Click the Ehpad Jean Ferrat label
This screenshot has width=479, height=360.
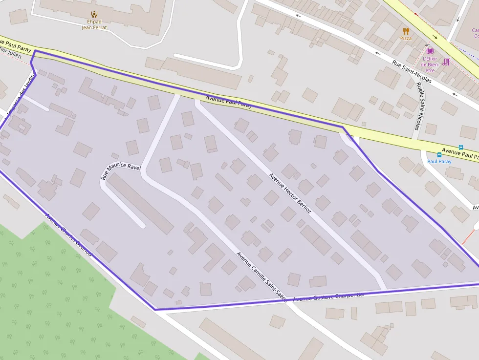pyautogui.click(x=94, y=24)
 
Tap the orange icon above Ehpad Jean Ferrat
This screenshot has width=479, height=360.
pyautogui.click(x=94, y=14)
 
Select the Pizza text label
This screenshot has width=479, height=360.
pyautogui.click(x=406, y=38)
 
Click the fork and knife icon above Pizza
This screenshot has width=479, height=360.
pyautogui.click(x=406, y=31)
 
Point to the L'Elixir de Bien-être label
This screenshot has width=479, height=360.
pyautogui.click(x=430, y=64)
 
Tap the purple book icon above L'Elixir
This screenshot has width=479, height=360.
pyautogui.click(x=430, y=51)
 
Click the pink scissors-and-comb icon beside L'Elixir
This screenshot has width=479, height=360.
pyautogui.click(x=446, y=62)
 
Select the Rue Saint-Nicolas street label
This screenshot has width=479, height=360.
pyautogui.click(x=412, y=71)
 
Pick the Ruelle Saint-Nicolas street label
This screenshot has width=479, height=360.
pyautogui.click(x=418, y=106)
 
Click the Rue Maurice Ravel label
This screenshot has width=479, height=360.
pyautogui.click(x=120, y=171)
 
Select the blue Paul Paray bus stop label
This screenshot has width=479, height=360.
pyautogui.click(x=439, y=161)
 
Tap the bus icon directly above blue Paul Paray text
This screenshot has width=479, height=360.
pyautogui.click(x=439, y=154)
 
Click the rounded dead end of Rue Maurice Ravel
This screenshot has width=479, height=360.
pyautogui.click(x=141, y=225)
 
